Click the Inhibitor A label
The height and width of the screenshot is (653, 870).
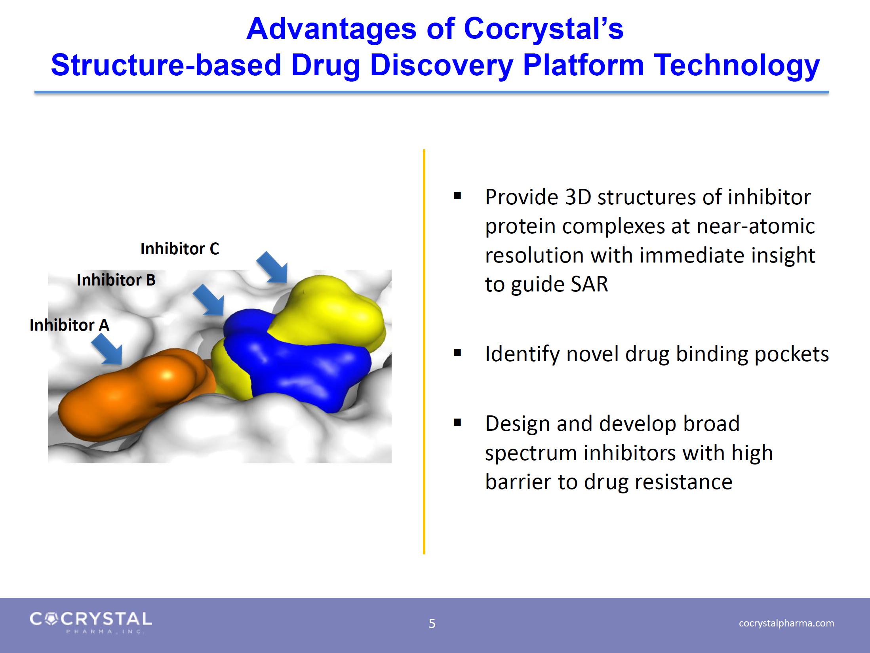tap(69, 325)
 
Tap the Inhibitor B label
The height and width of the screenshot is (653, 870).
tap(116, 280)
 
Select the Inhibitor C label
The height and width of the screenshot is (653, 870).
tap(180, 249)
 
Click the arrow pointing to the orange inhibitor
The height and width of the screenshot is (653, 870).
tap(107, 348)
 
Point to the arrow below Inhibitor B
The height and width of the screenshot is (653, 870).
tap(208, 299)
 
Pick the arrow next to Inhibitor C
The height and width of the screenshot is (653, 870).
tap(272, 267)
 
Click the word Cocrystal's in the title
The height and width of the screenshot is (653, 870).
tap(543, 29)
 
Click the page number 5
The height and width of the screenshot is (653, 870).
tap(432, 624)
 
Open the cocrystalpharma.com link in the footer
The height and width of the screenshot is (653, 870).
tap(786, 623)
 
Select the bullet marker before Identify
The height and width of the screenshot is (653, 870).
tap(457, 353)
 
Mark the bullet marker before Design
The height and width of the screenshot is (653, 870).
tap(457, 423)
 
